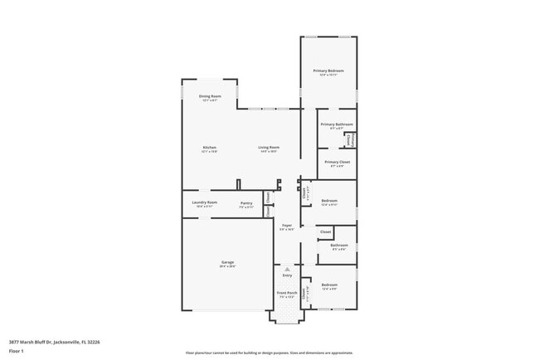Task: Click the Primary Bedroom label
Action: click(328, 71)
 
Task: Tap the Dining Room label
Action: click(210, 96)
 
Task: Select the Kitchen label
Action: click(210, 148)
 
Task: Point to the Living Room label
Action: click(268, 148)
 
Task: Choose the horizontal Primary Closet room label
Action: click(337, 162)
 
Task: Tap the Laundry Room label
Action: click(204, 202)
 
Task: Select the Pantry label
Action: click(246, 203)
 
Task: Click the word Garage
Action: click(227, 263)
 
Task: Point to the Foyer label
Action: click(287, 225)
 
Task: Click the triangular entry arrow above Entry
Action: click(287, 270)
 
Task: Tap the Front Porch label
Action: click(287, 293)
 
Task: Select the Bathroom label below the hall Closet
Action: click(339, 245)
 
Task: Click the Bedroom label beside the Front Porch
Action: click(329, 285)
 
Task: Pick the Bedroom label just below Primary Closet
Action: click(329, 201)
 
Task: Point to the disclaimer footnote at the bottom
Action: click(270, 353)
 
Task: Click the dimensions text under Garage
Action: click(227, 267)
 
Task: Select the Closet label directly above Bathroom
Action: click(326, 231)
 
